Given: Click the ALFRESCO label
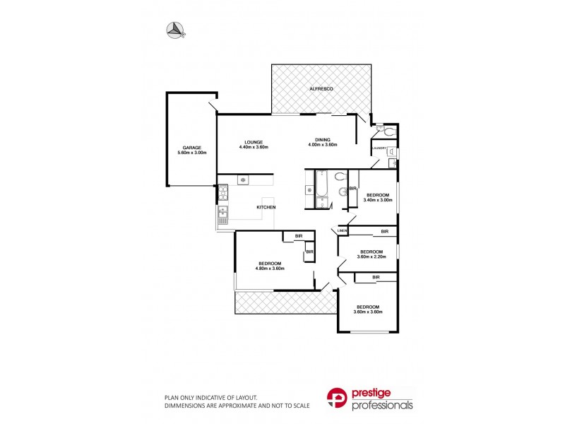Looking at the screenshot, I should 321,89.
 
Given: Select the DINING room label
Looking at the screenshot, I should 323,140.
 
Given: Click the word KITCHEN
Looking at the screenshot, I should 266,206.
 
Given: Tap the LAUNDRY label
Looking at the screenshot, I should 380,148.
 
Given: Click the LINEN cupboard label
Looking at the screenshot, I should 343,231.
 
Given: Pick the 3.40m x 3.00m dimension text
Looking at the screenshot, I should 377,200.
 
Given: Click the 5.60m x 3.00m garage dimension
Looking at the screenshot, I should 191,153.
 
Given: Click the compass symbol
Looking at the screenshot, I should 174,29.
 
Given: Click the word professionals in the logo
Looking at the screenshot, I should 383,406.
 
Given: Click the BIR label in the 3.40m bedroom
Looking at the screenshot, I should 352,189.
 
